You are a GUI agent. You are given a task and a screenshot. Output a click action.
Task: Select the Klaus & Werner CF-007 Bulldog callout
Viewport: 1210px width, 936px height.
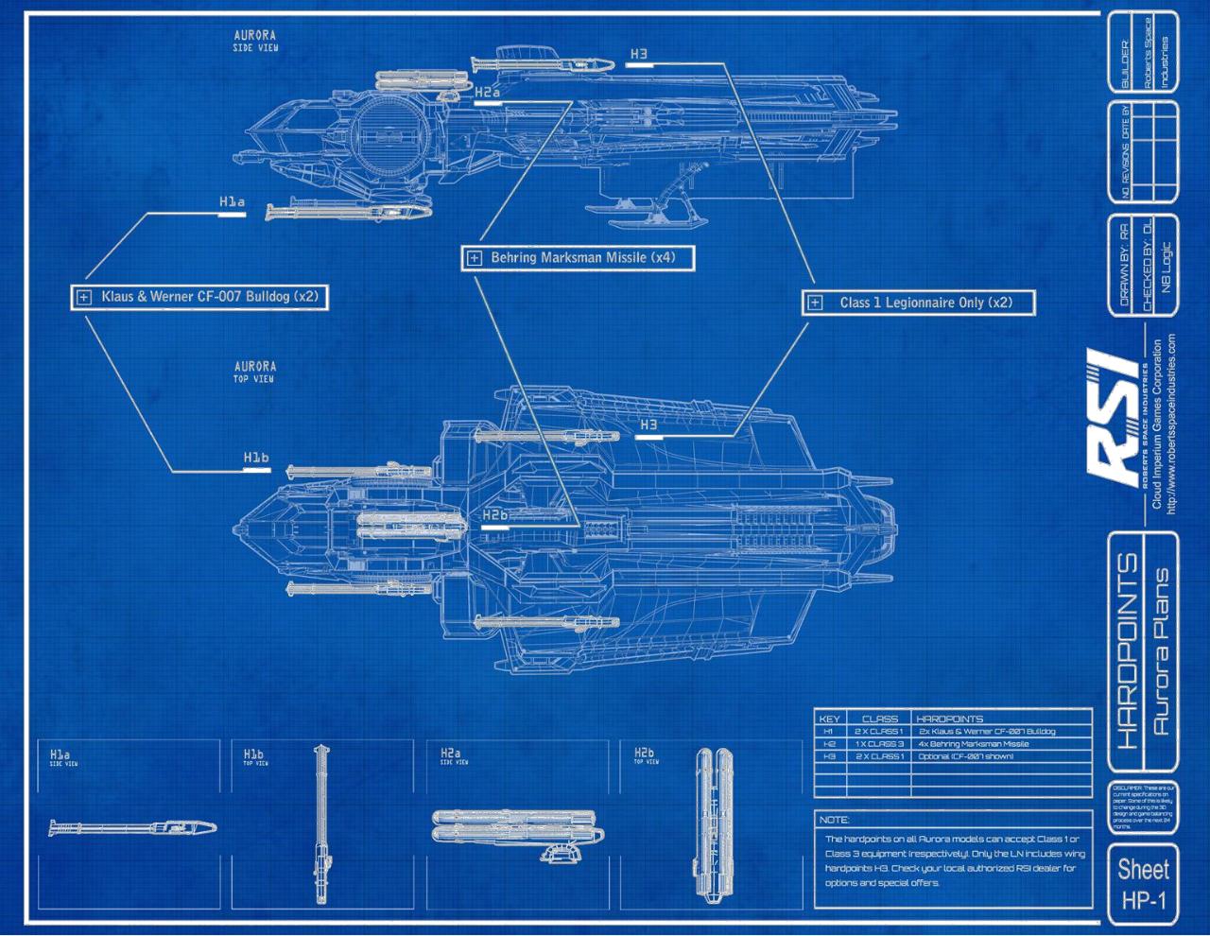click(199, 297)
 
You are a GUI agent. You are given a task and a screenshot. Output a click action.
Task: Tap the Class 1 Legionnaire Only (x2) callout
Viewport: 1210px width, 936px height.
click(920, 303)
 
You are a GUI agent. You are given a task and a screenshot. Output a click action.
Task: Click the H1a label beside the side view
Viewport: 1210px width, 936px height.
click(232, 202)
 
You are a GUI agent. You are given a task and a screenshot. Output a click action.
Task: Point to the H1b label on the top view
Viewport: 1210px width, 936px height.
click(256, 459)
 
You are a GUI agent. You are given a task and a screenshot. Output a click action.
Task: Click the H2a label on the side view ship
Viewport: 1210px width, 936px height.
click(487, 93)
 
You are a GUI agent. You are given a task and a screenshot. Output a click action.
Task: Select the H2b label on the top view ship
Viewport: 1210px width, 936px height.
click(495, 515)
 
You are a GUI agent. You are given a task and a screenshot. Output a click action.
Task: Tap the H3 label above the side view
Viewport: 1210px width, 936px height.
click(639, 55)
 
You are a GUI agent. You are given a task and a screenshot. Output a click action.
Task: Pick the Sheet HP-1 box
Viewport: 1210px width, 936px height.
click(1142, 884)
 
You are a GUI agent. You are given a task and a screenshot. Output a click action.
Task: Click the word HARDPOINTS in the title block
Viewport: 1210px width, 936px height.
click(1127, 651)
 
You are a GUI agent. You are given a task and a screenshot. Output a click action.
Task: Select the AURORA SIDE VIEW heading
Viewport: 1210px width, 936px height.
click(255, 41)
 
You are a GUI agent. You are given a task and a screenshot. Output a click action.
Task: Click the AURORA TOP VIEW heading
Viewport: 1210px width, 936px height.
click(255, 372)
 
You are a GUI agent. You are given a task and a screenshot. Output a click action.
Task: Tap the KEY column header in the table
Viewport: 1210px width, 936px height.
click(828, 719)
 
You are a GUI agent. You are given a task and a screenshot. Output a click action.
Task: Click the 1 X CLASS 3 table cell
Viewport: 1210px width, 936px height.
click(879, 744)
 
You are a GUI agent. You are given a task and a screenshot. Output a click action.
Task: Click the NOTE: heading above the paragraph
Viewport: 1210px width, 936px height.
click(834, 820)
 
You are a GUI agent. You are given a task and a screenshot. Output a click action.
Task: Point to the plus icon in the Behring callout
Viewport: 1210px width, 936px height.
click(474, 257)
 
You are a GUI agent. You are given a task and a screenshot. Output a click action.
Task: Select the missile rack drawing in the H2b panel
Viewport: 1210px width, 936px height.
click(711, 825)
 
